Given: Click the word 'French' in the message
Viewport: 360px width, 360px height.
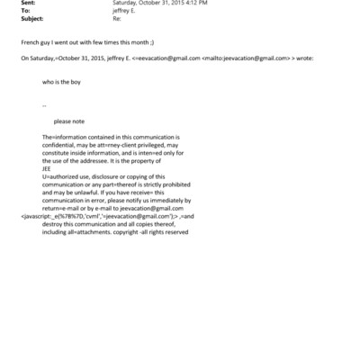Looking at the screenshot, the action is pos(30,42).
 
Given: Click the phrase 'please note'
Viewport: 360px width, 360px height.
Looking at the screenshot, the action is pos(69,121).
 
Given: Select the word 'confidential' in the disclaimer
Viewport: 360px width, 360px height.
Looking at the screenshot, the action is pos(61,144).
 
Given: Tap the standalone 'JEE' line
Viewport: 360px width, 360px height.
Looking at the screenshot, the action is pos(47,167).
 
